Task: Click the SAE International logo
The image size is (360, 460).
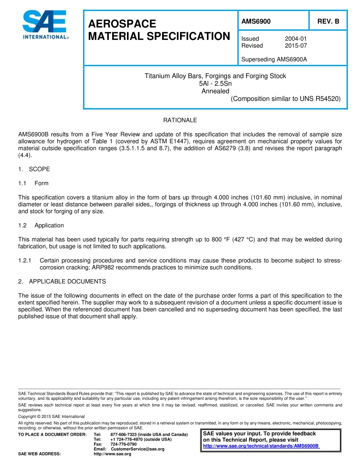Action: pyautogui.click(x=45, y=25)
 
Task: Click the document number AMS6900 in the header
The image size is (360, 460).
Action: pyautogui.click(x=256, y=22)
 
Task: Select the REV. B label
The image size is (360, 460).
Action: pyautogui.click(x=328, y=22)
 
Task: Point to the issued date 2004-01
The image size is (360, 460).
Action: pyautogui.click(x=296, y=39)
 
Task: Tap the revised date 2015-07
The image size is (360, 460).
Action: pyautogui.click(x=296, y=46)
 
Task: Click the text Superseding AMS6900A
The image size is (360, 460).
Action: pyautogui.click(x=274, y=59)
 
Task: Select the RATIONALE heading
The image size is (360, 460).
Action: pyautogui.click(x=180, y=120)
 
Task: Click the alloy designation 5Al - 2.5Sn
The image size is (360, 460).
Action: pyautogui.click(x=215, y=83)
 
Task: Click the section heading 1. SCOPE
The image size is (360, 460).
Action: pyautogui.click(x=34, y=169)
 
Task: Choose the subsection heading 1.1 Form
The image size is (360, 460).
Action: pyautogui.click(x=33, y=183)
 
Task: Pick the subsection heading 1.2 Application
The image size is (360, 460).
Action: pyautogui.click(x=41, y=225)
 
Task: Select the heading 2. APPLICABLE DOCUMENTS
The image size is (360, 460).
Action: pyautogui.click(x=62, y=281)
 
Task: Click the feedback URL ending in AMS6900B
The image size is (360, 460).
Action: pyautogui.click(x=261, y=446)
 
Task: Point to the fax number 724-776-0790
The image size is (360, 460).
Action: pyautogui.click(x=124, y=444)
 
